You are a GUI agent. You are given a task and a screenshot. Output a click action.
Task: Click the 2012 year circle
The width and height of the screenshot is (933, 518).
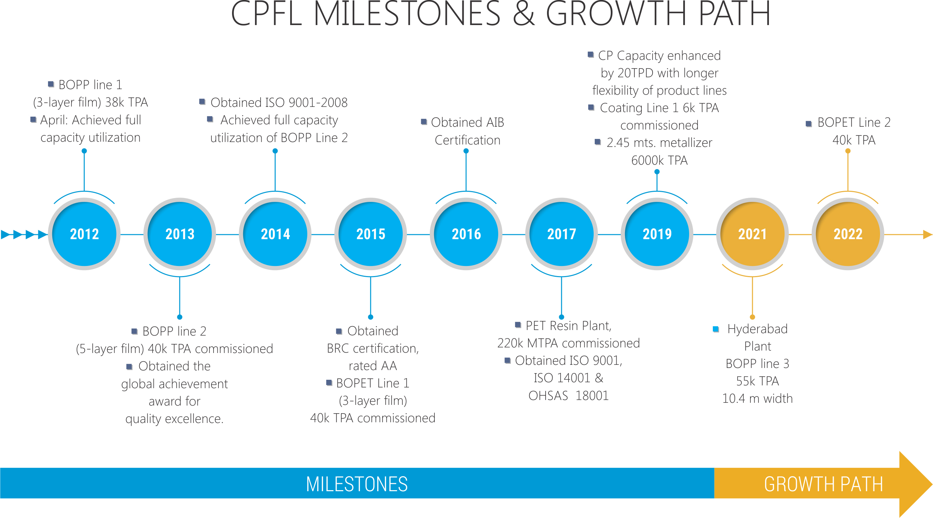[x=84, y=234]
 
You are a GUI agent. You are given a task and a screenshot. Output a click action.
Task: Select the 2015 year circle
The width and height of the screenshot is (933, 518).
[x=371, y=234]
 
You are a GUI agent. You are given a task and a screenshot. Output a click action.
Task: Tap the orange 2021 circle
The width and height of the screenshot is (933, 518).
[x=752, y=234]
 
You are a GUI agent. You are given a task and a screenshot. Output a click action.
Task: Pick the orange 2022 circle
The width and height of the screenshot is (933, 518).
[x=848, y=234]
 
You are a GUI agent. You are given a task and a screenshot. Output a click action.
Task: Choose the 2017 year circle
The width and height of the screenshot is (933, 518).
[x=561, y=234]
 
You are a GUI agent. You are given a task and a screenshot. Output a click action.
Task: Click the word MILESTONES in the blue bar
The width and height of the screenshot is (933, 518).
[x=357, y=484]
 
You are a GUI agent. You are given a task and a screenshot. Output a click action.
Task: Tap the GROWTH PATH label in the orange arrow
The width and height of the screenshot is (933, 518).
[x=823, y=484]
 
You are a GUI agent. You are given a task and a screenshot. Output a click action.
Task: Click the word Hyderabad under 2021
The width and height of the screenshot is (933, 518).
[x=757, y=329]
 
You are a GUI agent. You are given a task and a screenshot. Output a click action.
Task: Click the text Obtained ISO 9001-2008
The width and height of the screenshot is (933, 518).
[x=279, y=102]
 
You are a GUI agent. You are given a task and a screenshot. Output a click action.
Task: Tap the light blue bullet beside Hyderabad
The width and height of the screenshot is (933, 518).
[x=716, y=329]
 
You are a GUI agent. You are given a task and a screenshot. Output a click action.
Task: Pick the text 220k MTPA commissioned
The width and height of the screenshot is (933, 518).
[x=568, y=343]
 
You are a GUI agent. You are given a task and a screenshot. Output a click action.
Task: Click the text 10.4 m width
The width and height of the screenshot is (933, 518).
[x=757, y=399]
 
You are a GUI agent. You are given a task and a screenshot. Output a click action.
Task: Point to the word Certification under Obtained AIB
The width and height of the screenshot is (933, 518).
[x=467, y=140]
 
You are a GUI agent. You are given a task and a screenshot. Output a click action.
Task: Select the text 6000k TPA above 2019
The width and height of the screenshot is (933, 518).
[x=659, y=160]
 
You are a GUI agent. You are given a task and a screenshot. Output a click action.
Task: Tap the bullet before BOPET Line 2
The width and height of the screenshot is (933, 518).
[x=809, y=124]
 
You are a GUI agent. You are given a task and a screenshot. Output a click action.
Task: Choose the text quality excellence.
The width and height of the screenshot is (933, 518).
[x=174, y=419]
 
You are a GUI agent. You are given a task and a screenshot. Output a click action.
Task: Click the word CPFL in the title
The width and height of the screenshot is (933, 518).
[x=267, y=14]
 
